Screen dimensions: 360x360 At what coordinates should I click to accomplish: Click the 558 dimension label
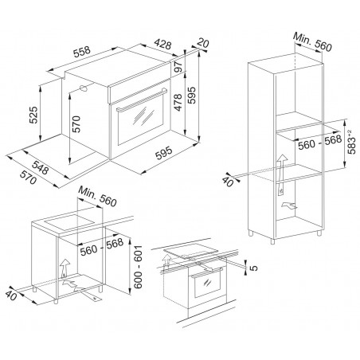[82, 52]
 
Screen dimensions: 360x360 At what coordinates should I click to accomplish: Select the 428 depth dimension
[163, 44]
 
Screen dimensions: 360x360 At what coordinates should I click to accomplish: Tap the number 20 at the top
[203, 42]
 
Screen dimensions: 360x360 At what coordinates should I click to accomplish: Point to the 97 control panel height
[178, 67]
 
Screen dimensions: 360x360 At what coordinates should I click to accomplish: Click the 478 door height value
[177, 103]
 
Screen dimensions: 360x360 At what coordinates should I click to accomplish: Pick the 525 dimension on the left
[33, 115]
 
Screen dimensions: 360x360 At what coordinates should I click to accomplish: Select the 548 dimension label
[41, 166]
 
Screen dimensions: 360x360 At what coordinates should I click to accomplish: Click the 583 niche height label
[351, 142]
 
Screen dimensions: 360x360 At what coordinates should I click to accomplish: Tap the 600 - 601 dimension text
[138, 267]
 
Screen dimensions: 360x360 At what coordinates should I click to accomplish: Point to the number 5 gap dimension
[254, 268]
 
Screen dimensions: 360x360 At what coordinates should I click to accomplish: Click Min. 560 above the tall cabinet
[312, 42]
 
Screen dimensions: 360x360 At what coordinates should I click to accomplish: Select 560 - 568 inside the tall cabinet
[319, 142]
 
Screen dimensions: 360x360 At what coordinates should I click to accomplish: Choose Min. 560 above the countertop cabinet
[97, 196]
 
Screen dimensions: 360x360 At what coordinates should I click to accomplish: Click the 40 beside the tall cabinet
[228, 180]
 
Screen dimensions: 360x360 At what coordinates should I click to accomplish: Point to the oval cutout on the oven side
[84, 88]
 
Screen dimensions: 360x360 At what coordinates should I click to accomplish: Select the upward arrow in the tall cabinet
[281, 174]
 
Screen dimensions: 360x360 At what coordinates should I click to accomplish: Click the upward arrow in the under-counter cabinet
[65, 268]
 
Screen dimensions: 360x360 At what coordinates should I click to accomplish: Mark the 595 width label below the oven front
[164, 153]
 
